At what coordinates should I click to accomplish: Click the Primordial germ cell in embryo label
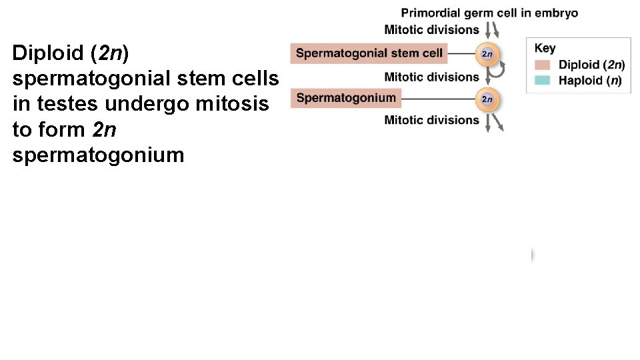pos(489,13)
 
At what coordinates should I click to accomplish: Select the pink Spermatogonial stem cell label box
pos(369,53)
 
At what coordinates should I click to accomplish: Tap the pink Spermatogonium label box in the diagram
pos(346,98)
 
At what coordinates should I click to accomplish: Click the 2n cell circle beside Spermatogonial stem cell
pos(487,54)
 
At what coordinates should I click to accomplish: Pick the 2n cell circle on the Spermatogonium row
pos(487,99)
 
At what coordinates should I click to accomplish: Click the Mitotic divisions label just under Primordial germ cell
pos(431,29)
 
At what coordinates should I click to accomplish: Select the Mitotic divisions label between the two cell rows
pos(431,77)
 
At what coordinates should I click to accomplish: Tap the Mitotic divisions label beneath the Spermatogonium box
pos(431,120)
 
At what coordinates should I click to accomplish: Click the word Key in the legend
pos(545,48)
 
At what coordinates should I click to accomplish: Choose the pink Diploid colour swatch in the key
pos(543,65)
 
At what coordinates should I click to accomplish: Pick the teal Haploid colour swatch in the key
pos(543,80)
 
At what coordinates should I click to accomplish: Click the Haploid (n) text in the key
pos(590,81)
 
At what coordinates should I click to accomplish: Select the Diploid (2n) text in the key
pos(591,65)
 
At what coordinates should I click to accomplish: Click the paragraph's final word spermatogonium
pos(98,155)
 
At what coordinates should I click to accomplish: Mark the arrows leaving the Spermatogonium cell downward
pos(494,122)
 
